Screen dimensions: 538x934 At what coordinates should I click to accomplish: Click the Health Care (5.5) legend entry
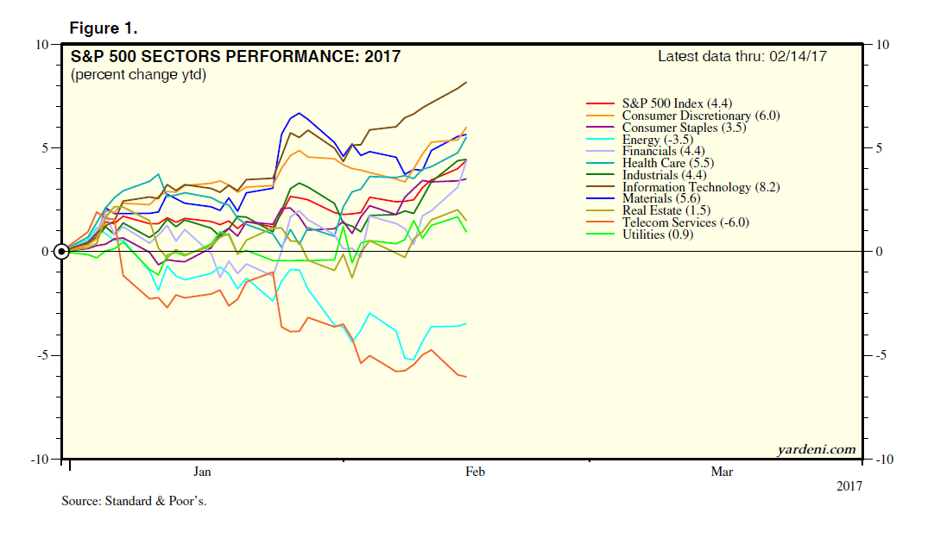pyautogui.click(x=666, y=163)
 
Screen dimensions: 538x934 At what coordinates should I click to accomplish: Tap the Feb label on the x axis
pyautogui.click(x=475, y=472)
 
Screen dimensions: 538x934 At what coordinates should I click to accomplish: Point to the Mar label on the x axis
pyautogui.click(x=722, y=472)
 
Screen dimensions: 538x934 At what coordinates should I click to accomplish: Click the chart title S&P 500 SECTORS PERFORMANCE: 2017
pyautogui.click(x=235, y=58)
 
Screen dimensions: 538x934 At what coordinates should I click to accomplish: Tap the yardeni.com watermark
pyautogui.click(x=815, y=448)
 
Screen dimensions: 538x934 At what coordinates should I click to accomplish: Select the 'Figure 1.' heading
pyautogui.click(x=103, y=28)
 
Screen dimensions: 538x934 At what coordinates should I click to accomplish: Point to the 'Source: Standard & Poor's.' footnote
pyautogui.click(x=134, y=501)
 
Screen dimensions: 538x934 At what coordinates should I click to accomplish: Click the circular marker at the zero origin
pyautogui.click(x=61, y=252)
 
